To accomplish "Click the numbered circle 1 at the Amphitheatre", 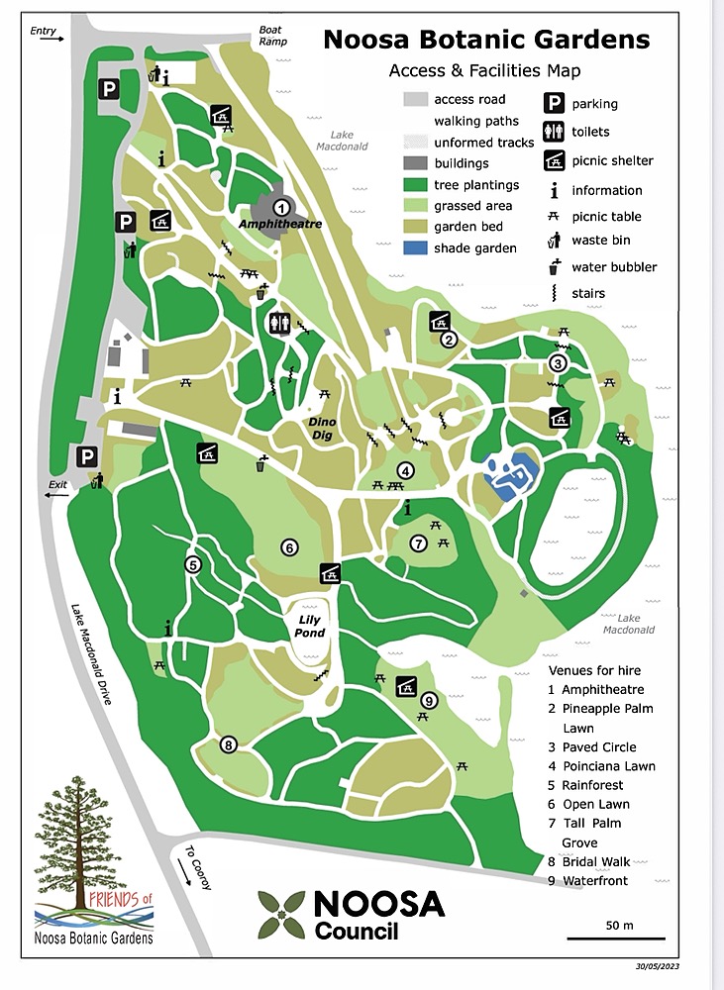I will [281, 207].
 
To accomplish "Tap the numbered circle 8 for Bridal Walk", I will [228, 744].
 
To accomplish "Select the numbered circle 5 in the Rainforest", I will [193, 564].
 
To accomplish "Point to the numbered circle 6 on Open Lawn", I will [289, 547].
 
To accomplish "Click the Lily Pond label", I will [311, 627].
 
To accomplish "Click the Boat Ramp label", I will [271, 36].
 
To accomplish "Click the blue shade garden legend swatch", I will [416, 248].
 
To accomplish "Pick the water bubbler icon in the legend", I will [555, 266].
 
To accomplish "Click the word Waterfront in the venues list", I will [594, 880].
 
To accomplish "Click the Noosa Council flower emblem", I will [280, 914].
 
